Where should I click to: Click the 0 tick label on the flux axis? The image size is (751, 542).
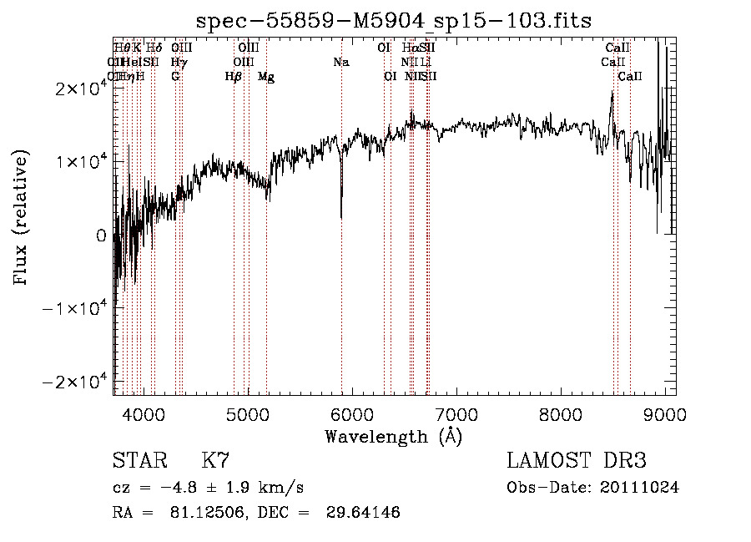(100, 236)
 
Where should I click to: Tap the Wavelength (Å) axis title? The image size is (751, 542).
(393, 436)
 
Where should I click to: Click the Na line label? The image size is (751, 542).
(340, 63)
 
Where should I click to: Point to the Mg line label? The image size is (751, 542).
(266, 77)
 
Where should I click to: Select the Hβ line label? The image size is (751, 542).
(234, 77)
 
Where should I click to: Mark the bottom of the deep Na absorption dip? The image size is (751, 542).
(341, 217)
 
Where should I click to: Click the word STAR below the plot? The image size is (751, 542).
(139, 460)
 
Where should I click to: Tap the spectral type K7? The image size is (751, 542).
(215, 460)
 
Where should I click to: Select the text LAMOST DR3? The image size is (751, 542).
(577, 460)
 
